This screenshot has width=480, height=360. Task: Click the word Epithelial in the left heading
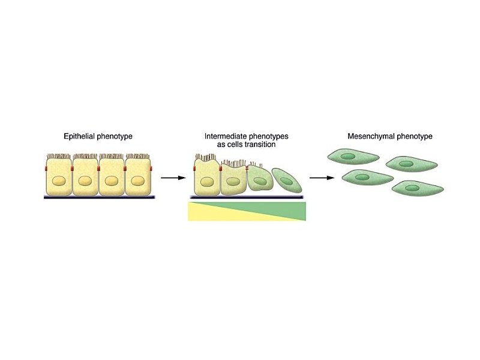pyautogui.click(x=79, y=137)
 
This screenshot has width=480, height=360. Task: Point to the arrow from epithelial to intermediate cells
pyautogui.click(x=173, y=178)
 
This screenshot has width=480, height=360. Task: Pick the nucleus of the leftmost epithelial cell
pyautogui.click(x=59, y=180)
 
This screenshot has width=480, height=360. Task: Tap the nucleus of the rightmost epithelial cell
pyautogui.click(x=138, y=180)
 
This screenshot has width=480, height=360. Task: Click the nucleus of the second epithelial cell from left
pyautogui.click(x=85, y=180)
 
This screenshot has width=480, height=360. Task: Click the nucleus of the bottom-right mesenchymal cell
pyautogui.click(x=412, y=188)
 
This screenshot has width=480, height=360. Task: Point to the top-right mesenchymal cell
pyautogui.click(x=408, y=164)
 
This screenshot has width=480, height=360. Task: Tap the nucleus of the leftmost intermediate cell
pyautogui.click(x=207, y=182)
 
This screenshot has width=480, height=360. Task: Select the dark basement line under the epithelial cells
pyautogui.click(x=99, y=197)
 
